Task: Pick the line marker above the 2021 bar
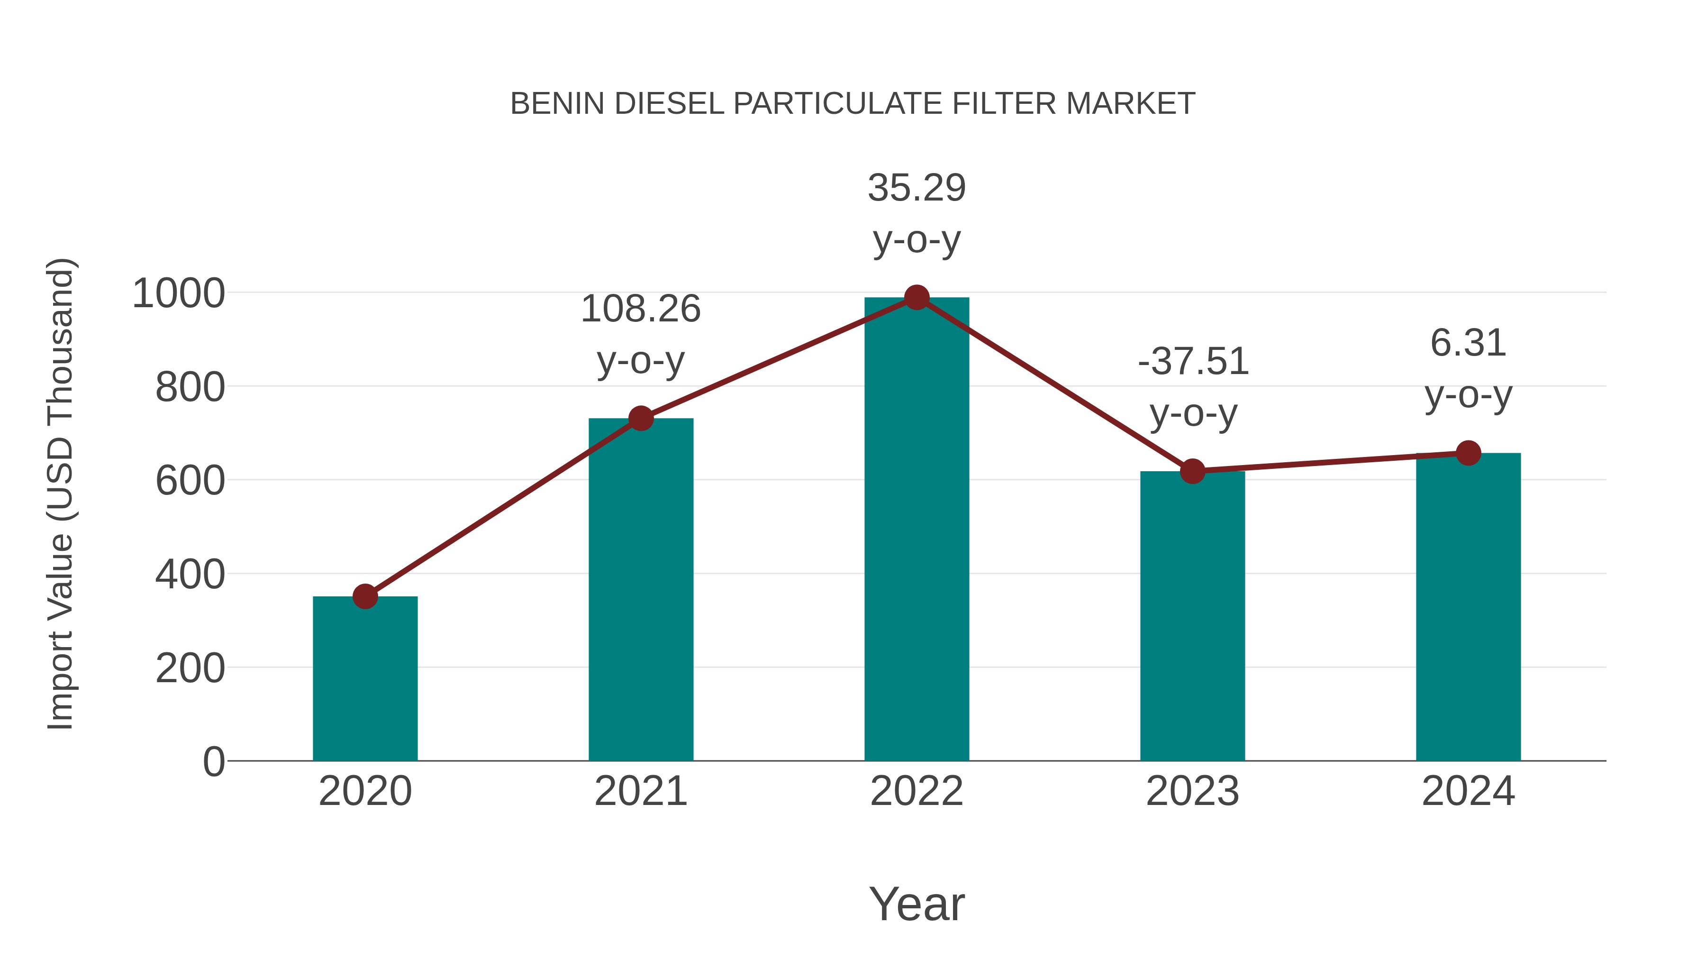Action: coord(640,418)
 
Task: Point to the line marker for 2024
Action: coord(1468,453)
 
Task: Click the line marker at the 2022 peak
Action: coord(917,297)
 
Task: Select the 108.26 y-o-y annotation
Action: coord(640,335)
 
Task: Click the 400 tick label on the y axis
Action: coord(190,575)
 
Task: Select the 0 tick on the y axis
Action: coord(213,761)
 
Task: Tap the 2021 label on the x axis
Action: coord(640,791)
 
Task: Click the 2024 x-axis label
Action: coord(1468,791)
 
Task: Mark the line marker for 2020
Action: coord(365,596)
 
